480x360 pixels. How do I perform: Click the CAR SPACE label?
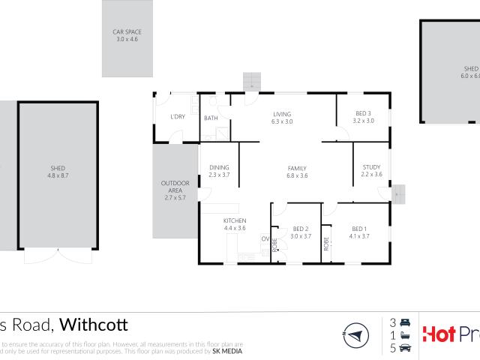pyautogui.click(x=127, y=31)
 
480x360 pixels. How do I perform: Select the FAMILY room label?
pyautogui.click(x=298, y=168)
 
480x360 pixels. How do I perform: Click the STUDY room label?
pyautogui.click(x=371, y=167)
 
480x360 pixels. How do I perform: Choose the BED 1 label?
pyautogui.click(x=359, y=229)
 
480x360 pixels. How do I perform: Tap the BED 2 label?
pyautogui.click(x=301, y=229)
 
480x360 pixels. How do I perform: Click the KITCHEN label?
pyautogui.click(x=235, y=220)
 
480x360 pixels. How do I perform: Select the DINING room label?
pyautogui.click(x=219, y=167)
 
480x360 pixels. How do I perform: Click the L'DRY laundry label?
pyautogui.click(x=178, y=116)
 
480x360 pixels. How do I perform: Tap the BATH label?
pyautogui.click(x=211, y=118)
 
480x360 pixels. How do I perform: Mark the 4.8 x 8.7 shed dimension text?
pyautogui.click(x=58, y=175)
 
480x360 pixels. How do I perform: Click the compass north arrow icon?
pyautogui.click(x=356, y=334)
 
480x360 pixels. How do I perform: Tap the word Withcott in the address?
pyautogui.click(x=93, y=325)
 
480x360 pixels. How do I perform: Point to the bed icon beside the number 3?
pyautogui.click(x=406, y=322)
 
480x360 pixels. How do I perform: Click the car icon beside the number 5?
pyautogui.click(x=406, y=347)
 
